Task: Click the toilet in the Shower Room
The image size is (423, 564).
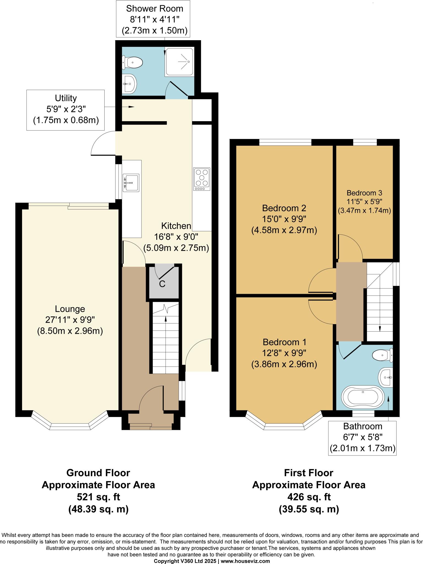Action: tap(132, 63)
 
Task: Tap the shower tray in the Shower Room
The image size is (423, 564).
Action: tap(179, 62)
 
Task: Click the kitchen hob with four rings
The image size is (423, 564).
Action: tap(202, 179)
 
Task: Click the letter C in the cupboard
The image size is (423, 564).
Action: tap(162, 284)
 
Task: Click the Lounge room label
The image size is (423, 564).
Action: tap(70, 309)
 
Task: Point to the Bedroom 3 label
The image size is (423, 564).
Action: tap(364, 193)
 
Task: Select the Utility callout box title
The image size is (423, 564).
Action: tap(66, 98)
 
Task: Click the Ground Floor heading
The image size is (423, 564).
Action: tap(98, 473)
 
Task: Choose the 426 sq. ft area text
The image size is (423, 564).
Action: tap(309, 497)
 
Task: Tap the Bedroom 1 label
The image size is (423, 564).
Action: tap(284, 342)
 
